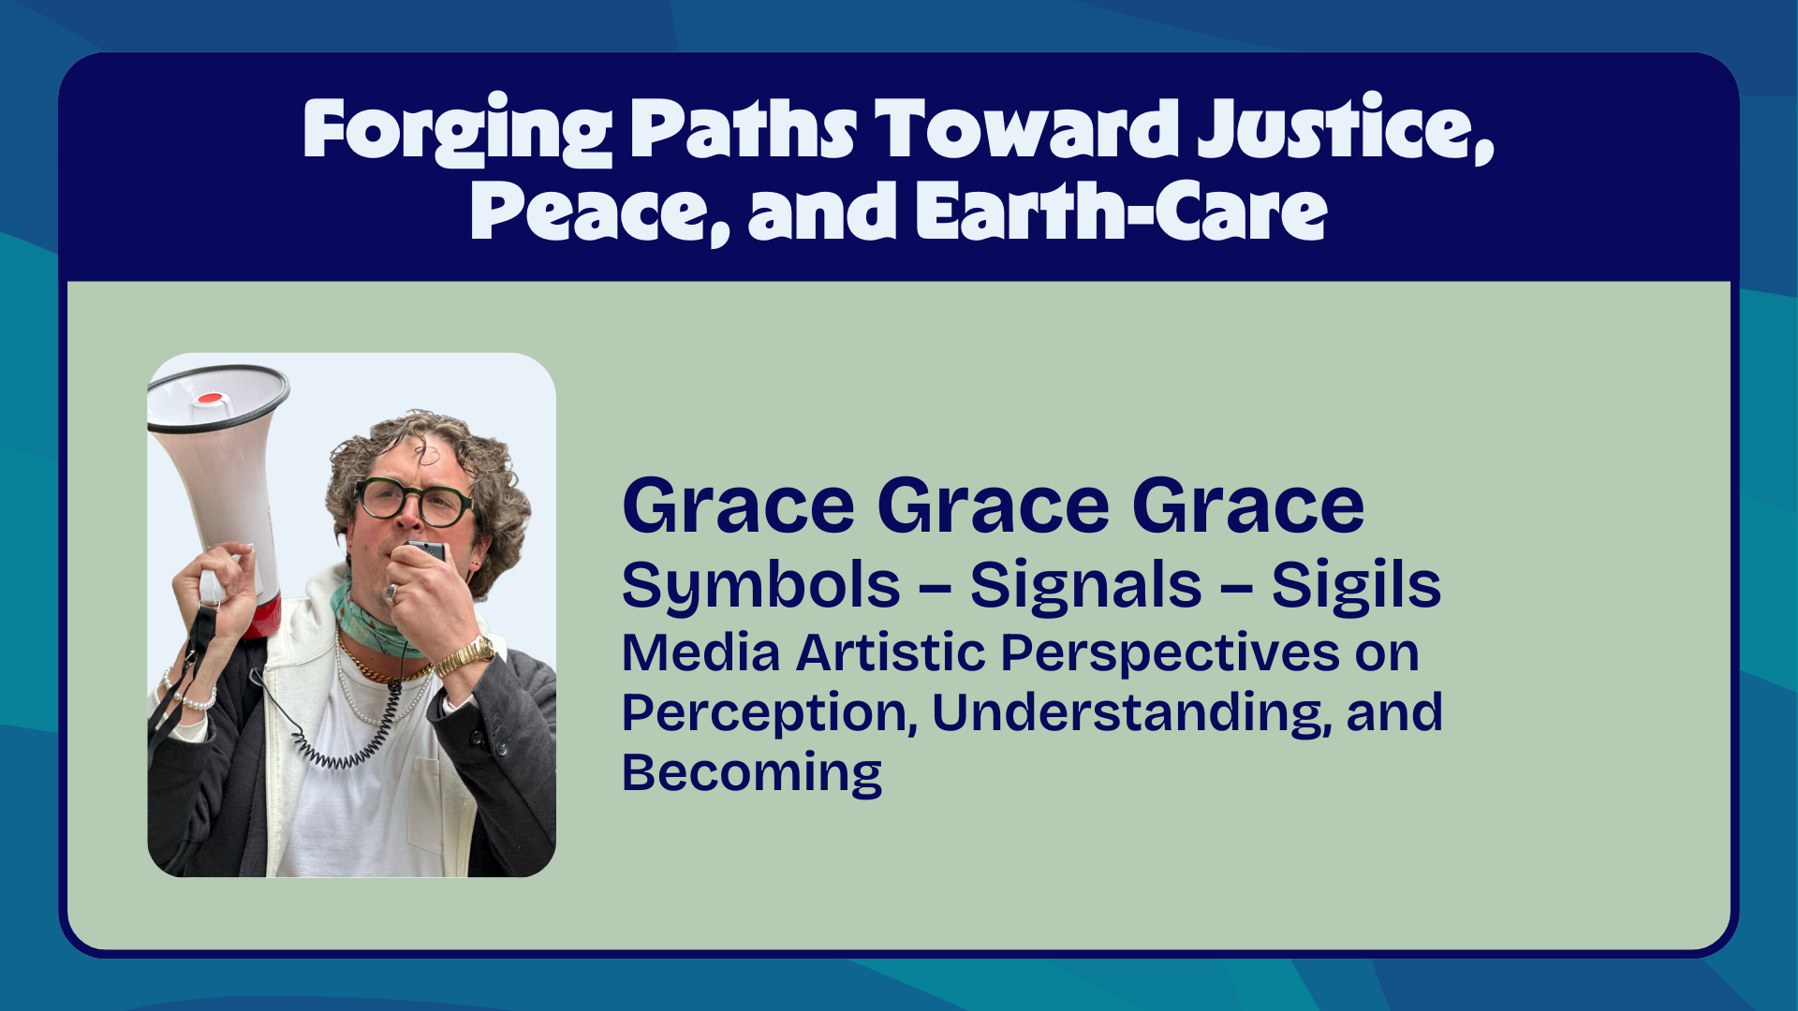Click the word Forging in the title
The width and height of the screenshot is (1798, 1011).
tap(457, 130)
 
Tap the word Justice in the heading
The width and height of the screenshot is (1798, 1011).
tap(1345, 128)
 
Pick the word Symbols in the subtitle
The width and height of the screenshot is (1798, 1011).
tap(760, 587)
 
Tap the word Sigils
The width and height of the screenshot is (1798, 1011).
tap(1356, 586)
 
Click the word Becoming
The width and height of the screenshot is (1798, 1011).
tap(752, 774)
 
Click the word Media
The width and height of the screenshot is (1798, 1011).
tap(700, 652)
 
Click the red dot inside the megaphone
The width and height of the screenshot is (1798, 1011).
tap(209, 399)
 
